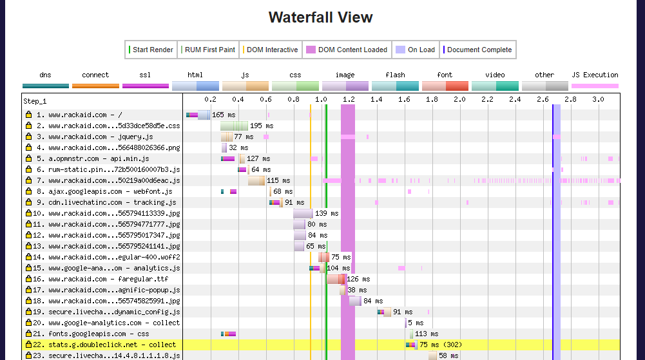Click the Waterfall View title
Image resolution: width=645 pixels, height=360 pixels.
(x=320, y=17)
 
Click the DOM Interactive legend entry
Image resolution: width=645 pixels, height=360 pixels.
(x=271, y=50)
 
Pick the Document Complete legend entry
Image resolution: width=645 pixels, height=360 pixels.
(x=477, y=50)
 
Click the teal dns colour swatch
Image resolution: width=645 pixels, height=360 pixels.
(x=45, y=86)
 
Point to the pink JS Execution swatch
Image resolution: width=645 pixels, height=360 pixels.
(x=595, y=86)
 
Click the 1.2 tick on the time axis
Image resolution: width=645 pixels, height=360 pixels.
(x=349, y=100)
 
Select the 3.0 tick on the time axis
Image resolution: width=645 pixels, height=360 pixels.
(x=598, y=100)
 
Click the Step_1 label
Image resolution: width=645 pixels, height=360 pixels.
(x=35, y=101)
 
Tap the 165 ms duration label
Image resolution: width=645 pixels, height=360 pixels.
(x=224, y=115)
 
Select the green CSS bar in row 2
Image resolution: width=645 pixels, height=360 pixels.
(x=234, y=126)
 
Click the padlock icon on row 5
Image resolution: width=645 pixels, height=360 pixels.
(x=28, y=159)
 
